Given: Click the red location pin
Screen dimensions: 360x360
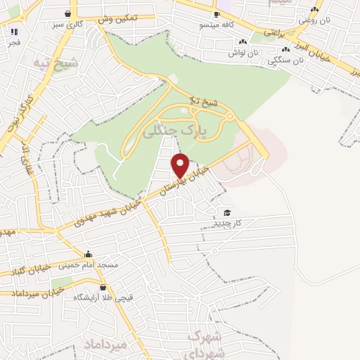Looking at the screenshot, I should [181, 165].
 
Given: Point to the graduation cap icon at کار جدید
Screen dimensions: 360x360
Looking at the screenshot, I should [226, 212].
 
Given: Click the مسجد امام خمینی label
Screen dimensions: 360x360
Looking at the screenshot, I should [87, 265].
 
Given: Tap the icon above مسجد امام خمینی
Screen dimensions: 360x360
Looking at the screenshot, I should [88, 255].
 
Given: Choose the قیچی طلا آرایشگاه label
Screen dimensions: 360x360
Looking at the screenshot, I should [103, 297].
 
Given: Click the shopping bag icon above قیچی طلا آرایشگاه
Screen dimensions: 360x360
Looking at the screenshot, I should [103, 287].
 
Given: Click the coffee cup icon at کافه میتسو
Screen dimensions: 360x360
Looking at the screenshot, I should [217, 15].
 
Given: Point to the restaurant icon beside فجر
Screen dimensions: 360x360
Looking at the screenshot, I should [15, 32].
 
